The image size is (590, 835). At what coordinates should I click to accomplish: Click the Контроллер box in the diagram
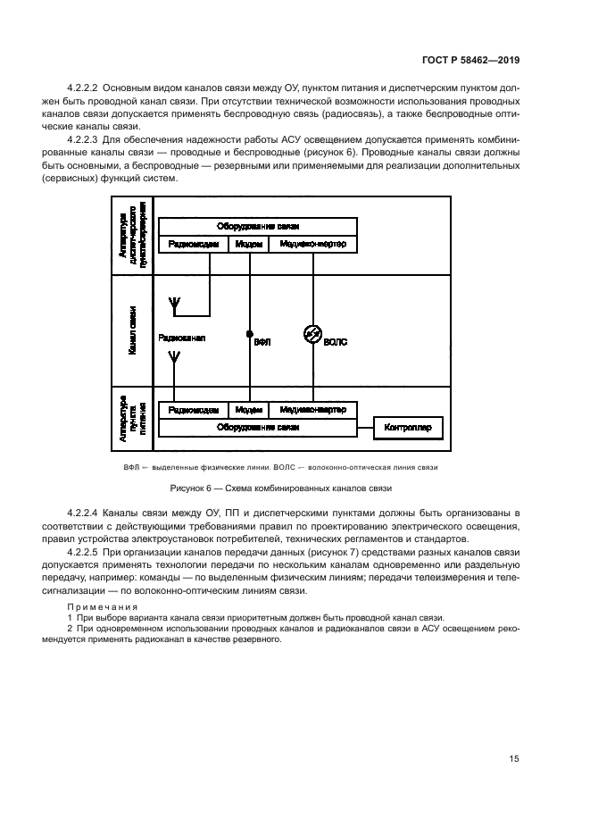click(x=408, y=428)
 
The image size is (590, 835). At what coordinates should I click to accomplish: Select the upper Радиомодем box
click(x=193, y=244)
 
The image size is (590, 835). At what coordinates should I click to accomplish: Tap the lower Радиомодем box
click(x=193, y=410)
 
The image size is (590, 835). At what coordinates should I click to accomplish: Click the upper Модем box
click(x=249, y=244)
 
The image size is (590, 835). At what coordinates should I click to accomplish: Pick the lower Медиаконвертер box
click(x=312, y=410)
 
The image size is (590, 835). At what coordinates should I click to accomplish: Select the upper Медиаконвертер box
click(x=312, y=244)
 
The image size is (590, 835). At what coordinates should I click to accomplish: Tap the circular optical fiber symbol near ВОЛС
click(x=312, y=334)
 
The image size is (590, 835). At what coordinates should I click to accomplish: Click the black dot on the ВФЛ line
click(x=250, y=334)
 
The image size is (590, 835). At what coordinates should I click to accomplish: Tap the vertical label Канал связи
click(x=131, y=330)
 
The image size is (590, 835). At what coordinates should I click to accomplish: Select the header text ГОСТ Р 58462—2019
click(x=470, y=61)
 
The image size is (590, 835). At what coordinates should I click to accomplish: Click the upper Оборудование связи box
click(x=257, y=227)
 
